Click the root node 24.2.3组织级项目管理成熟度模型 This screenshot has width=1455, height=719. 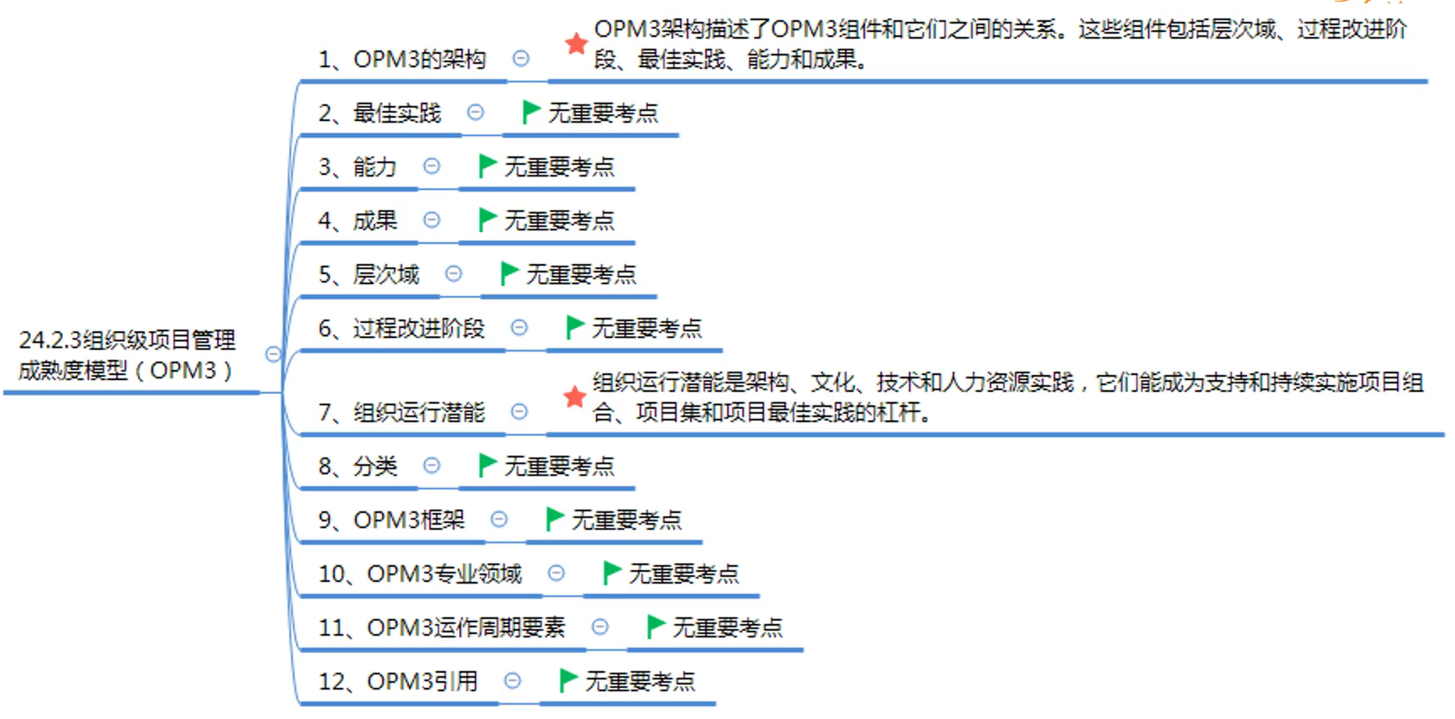click(x=127, y=355)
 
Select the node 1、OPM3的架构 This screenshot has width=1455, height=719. click(x=402, y=60)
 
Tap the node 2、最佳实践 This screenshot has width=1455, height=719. click(x=380, y=114)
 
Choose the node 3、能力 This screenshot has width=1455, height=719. click(x=358, y=167)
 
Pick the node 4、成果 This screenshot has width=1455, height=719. click(x=358, y=221)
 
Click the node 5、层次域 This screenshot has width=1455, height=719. click(x=369, y=275)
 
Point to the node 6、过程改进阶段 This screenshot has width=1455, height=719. click(x=401, y=329)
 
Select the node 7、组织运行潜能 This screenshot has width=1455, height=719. click(x=401, y=413)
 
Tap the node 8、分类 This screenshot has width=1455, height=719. click(x=358, y=467)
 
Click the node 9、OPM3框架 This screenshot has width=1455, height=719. click(x=391, y=521)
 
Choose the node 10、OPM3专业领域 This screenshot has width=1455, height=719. click(x=420, y=574)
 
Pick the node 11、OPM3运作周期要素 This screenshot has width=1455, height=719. click(x=442, y=628)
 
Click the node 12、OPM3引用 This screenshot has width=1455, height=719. click(x=398, y=682)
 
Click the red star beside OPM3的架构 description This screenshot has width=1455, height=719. click(x=576, y=44)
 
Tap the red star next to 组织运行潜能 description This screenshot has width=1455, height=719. click(x=575, y=397)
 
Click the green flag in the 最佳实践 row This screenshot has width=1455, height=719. click(x=530, y=112)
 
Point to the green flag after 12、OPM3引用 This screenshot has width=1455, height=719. click(x=568, y=680)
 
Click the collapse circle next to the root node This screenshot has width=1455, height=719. click(x=273, y=354)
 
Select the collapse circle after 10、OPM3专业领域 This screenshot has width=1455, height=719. click(x=555, y=574)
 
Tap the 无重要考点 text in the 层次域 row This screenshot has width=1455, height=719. click(x=581, y=275)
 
